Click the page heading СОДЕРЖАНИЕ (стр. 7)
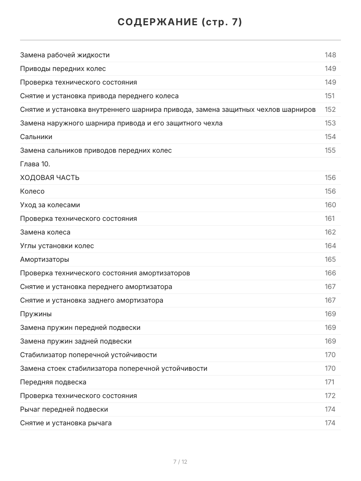(180, 22)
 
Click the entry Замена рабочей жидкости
(65, 55)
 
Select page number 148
(330, 55)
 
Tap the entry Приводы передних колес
(63, 69)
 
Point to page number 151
(330, 96)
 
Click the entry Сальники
(36, 137)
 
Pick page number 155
(330, 150)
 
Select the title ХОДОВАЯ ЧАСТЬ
(50, 178)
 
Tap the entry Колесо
(32, 191)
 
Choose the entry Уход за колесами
(50, 205)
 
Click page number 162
(330, 232)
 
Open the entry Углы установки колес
(57, 246)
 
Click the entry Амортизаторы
(45, 259)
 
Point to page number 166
(330, 273)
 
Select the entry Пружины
(36, 314)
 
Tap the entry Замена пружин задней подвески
(76, 341)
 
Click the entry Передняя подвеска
(53, 382)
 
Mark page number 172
(330, 396)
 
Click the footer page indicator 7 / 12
(180, 462)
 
